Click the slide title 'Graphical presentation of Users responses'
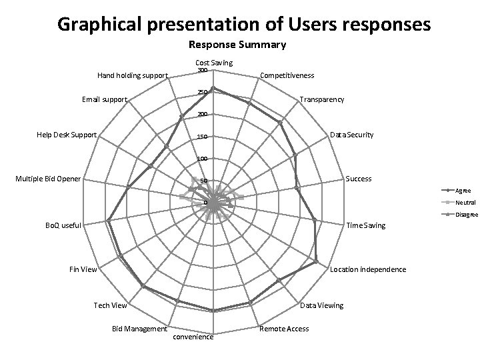244,25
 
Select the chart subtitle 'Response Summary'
237,45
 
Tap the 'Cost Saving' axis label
213,63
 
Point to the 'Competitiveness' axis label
287,76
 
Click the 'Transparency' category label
322,99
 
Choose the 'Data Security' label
352,135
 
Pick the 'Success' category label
359,179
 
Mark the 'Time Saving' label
366,225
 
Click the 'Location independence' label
368,269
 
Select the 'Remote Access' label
284,329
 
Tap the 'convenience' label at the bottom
193,337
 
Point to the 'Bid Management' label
139,329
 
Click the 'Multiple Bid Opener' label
48,179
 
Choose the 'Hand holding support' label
133,75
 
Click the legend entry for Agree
463,191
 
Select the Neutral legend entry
465,203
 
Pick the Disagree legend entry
467,214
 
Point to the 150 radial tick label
203,137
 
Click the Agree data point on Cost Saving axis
213,89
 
